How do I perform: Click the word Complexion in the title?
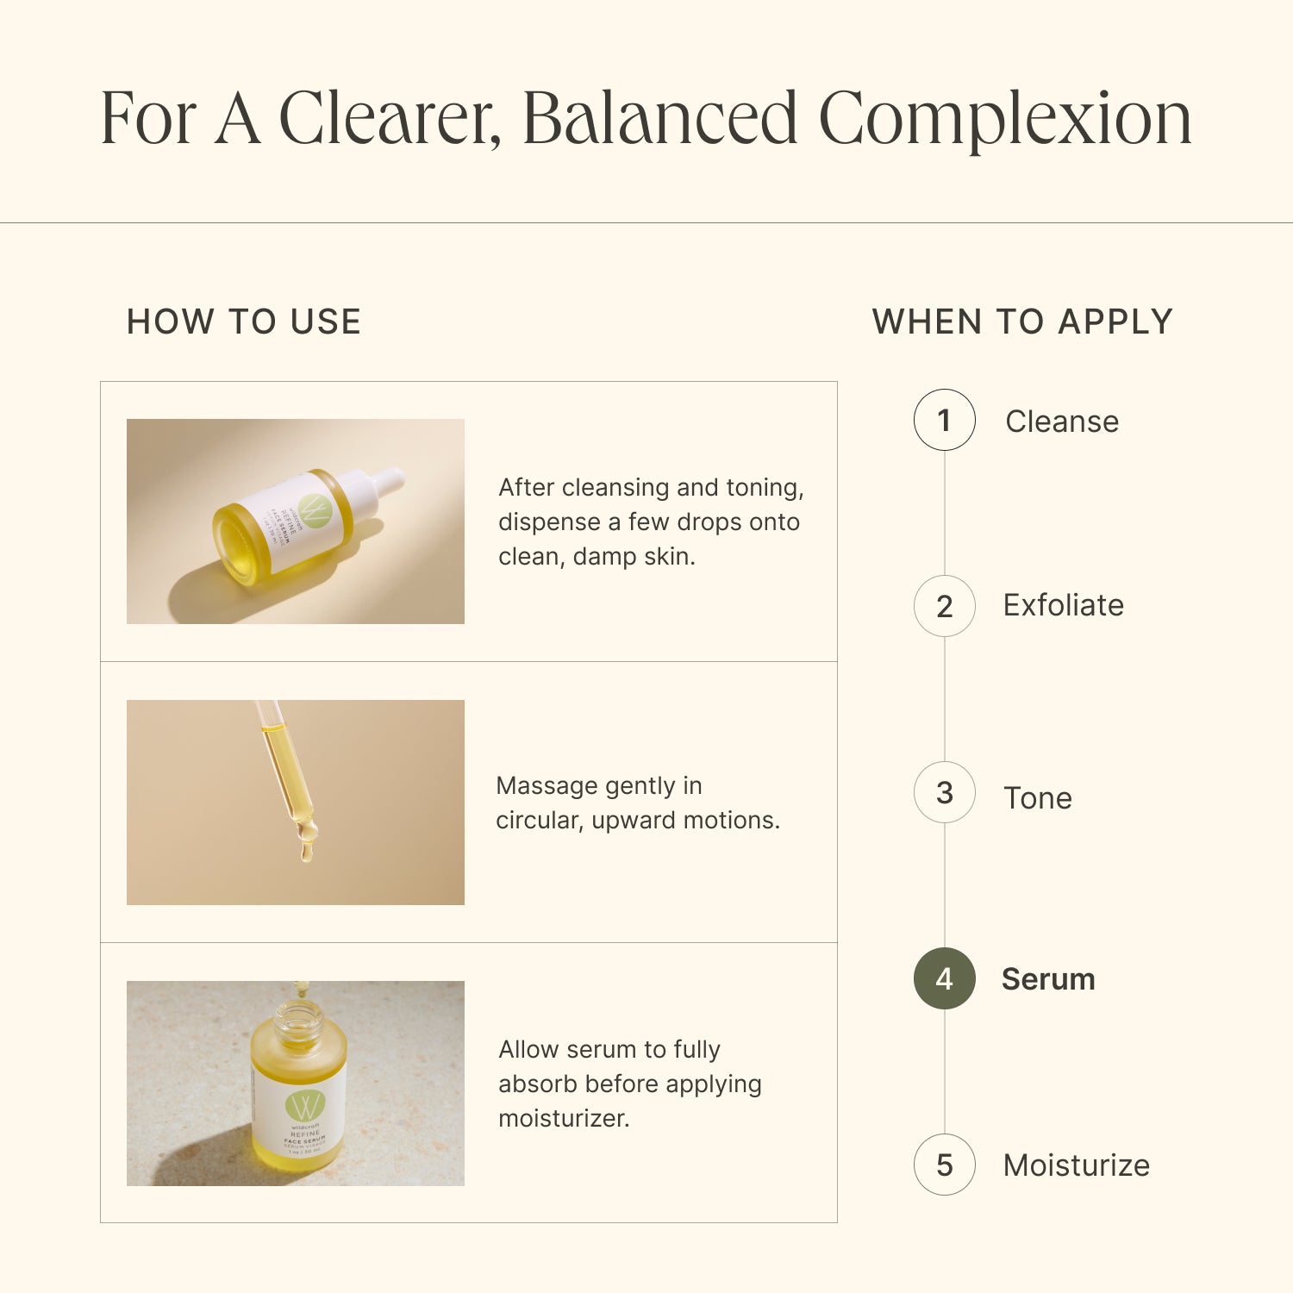1004,119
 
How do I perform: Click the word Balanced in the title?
659,119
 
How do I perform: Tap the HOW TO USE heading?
244,322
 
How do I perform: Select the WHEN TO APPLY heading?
1022,322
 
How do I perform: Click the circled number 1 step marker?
944,420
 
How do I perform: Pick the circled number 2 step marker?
944,606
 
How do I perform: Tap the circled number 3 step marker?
944,792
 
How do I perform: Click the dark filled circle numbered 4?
944,978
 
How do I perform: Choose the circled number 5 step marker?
944,1165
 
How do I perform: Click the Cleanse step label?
1062,422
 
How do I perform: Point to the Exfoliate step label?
1064,605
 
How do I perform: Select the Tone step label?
1038,798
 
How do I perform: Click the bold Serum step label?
1048,979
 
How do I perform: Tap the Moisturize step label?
1077,1165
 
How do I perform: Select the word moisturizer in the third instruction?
564,1119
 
